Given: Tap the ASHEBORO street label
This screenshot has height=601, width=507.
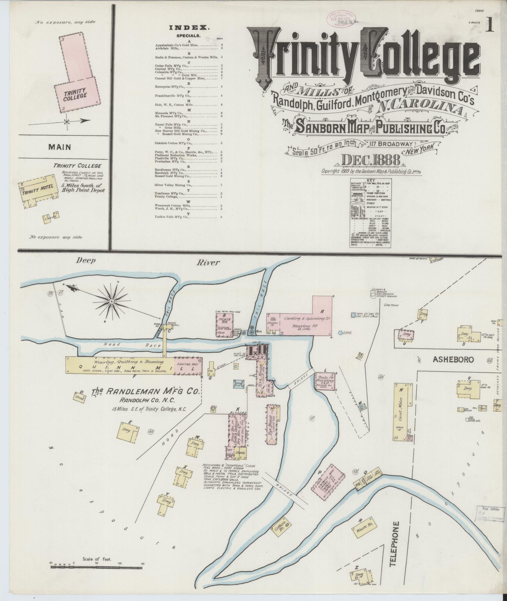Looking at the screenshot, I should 453,360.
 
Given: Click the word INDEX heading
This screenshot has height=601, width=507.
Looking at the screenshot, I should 189,28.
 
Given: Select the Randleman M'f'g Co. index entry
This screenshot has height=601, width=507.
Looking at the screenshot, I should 170,170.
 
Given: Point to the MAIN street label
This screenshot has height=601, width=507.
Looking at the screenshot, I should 60,147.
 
